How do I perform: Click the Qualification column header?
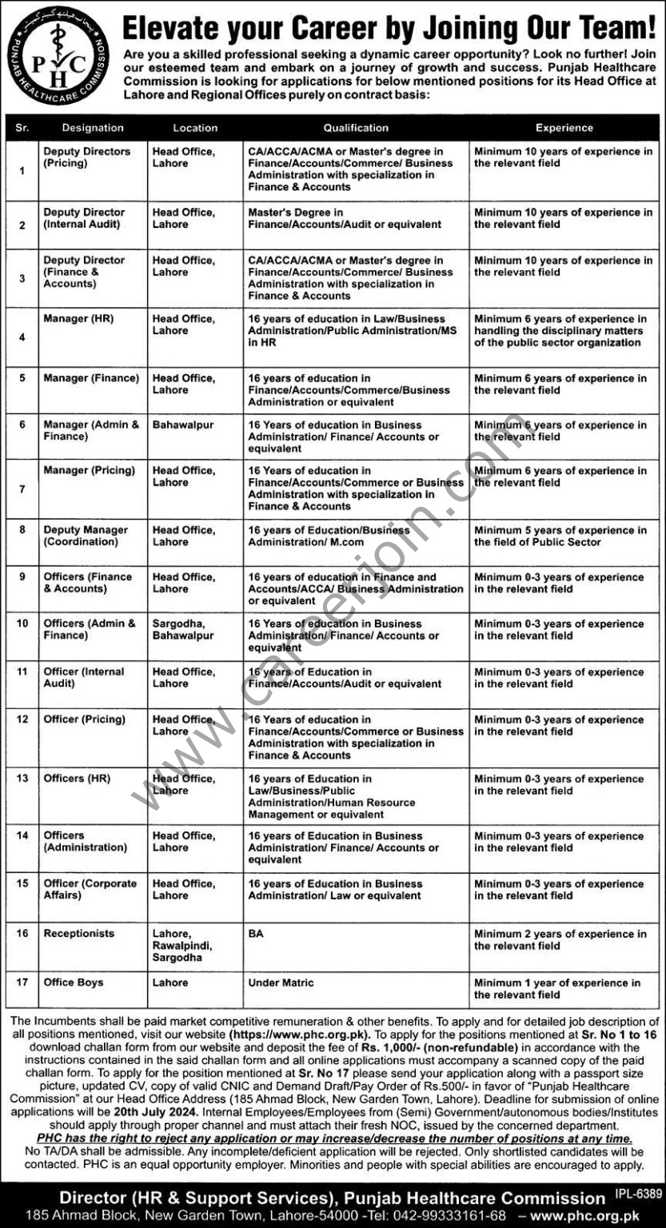point(356,127)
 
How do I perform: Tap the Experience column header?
point(564,127)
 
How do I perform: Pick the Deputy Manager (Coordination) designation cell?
point(86,536)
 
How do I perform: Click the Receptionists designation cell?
point(79,934)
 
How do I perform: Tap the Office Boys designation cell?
point(74,983)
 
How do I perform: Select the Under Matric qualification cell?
point(281,983)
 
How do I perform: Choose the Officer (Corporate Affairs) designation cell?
point(90,890)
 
